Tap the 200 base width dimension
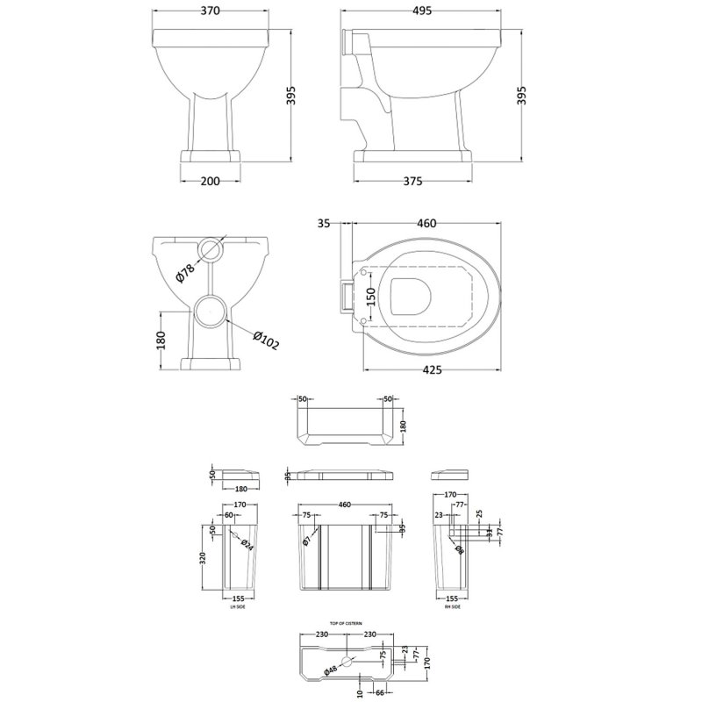(211, 181)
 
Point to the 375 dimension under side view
(413, 181)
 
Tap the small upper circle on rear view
(211, 249)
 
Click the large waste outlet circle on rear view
(211, 310)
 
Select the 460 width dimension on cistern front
(344, 505)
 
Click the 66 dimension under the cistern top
(380, 693)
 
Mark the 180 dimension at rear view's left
(161, 340)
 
